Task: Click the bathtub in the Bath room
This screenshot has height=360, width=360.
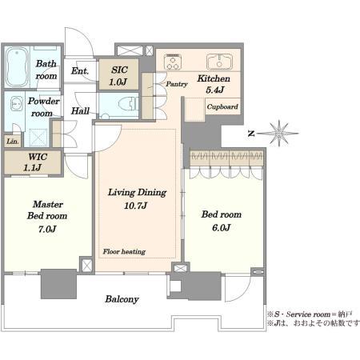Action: click(x=18, y=67)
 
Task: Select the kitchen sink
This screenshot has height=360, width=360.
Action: click(x=219, y=62)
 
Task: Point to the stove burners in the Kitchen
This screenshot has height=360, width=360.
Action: click(x=173, y=62)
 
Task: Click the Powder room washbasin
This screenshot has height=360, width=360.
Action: click(x=17, y=103)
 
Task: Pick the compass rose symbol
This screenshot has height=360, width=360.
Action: click(x=278, y=133)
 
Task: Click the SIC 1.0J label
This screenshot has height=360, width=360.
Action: click(x=118, y=76)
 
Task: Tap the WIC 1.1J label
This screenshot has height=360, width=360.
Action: click(x=34, y=162)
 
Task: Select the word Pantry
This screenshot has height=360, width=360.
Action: click(x=177, y=84)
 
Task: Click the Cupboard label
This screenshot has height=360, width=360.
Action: click(x=222, y=106)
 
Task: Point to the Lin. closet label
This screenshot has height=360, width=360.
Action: click(x=13, y=142)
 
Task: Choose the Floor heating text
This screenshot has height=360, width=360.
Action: click(x=124, y=251)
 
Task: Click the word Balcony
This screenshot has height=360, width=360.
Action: click(x=122, y=299)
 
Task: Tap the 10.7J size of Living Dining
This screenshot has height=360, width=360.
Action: click(x=135, y=206)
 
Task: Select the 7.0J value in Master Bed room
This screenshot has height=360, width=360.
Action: click(x=47, y=229)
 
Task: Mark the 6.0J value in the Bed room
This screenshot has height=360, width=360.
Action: click(x=221, y=227)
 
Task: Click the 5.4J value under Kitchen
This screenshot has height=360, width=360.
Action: click(x=214, y=90)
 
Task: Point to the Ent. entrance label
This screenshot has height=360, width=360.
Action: click(x=80, y=71)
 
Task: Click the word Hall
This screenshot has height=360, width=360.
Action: click(x=80, y=110)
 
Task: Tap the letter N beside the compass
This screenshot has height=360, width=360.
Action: click(x=251, y=134)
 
